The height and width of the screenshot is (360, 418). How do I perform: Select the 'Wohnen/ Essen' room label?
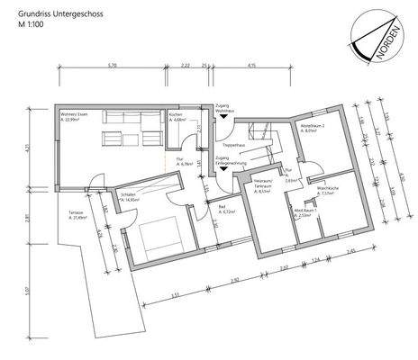pyautogui.click(x=74, y=114)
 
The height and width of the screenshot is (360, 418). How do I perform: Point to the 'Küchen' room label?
pyautogui.click(x=177, y=114)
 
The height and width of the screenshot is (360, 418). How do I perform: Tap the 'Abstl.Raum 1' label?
pyautogui.click(x=304, y=214)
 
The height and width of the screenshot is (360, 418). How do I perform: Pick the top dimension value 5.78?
pyautogui.click(x=112, y=67)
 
